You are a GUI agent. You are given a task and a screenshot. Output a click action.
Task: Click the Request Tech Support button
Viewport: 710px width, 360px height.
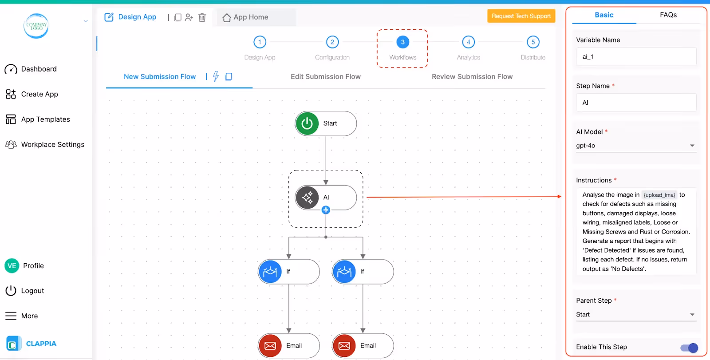tap(521, 16)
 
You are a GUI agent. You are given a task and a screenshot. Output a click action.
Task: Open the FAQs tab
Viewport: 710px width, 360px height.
tap(668, 15)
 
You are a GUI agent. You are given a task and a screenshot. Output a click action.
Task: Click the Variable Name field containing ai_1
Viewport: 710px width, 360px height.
tap(636, 57)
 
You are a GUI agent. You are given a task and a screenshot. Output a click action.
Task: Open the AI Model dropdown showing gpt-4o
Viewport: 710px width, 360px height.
tap(635, 146)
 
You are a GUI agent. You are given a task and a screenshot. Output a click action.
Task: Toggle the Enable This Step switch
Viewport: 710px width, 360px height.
tap(689, 348)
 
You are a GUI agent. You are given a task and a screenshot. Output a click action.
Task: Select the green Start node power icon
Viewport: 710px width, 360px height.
tap(307, 123)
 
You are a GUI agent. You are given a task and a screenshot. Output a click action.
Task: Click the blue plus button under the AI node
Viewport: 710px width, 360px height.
tap(326, 210)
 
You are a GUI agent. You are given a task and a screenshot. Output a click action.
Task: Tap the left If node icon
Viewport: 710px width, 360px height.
tap(270, 272)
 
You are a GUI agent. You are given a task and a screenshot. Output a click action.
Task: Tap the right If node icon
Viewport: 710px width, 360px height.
tap(344, 272)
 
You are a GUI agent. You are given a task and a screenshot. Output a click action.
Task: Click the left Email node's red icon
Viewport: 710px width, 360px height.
tap(270, 346)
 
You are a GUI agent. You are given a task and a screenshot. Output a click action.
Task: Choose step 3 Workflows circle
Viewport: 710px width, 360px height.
tap(402, 42)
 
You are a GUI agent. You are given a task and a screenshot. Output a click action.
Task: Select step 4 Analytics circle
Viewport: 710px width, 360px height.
tap(468, 42)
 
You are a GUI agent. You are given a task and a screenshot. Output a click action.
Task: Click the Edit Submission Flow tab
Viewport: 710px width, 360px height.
tap(325, 77)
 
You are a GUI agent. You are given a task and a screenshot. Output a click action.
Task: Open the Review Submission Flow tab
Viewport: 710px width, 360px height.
tap(472, 77)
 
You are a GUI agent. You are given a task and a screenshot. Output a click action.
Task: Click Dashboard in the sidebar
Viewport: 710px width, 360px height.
tap(39, 69)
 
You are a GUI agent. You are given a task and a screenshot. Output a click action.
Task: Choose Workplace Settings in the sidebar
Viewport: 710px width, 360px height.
tap(52, 145)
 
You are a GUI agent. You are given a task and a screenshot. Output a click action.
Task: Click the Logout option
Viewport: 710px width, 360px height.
tap(32, 291)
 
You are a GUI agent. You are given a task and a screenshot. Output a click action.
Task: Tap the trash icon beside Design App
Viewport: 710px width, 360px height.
tap(202, 17)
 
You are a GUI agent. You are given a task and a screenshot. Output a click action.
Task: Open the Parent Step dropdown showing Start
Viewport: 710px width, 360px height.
tap(635, 315)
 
